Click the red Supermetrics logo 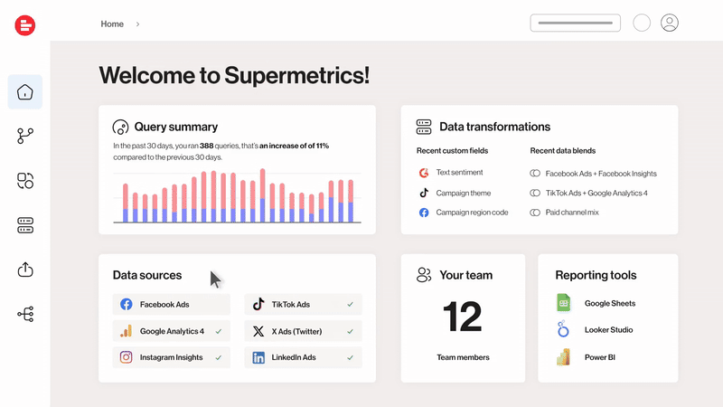click(25, 25)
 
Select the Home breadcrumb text click(112, 24)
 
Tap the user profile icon click(669, 23)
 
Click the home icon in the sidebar click(25, 92)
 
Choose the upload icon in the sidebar click(25, 269)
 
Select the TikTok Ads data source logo click(258, 304)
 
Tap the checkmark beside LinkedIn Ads click(351, 357)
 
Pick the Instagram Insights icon click(126, 357)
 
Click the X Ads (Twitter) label click(296, 331)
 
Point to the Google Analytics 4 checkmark click(219, 331)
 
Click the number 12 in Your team click(463, 317)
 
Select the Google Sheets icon click(563, 303)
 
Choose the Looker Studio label click(608, 330)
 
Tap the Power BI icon click(563, 357)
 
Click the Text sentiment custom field click(459, 172)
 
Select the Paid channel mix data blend click(572, 213)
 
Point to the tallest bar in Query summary click(262, 195)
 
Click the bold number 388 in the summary click(207, 146)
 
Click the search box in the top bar click(575, 24)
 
